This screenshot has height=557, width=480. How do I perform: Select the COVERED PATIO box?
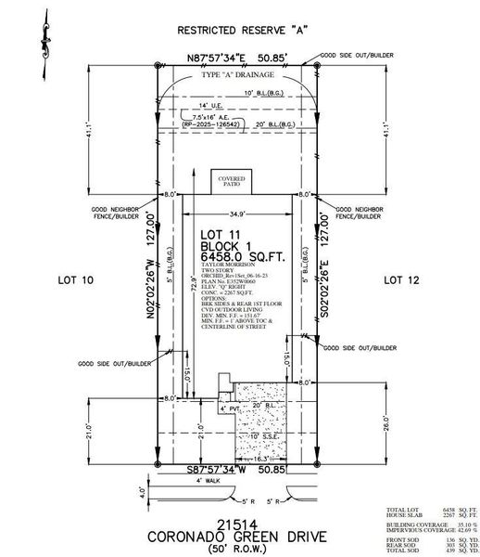tap(230, 181)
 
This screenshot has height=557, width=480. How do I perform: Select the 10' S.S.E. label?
tap(252, 435)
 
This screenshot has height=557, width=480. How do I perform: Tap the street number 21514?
tap(240, 523)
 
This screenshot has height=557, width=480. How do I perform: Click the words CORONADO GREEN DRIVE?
tap(240, 537)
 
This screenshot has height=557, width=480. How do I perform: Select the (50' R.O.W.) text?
tap(239, 550)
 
